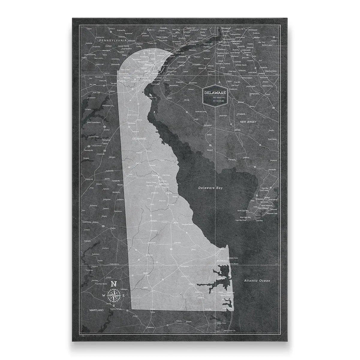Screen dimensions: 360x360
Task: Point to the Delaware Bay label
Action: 210,188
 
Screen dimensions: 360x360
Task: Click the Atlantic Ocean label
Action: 257,281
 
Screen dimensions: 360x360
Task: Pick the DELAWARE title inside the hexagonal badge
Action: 215,93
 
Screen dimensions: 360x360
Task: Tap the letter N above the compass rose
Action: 114,284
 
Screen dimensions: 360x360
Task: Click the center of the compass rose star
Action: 114,295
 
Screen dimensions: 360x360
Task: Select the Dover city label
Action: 155,175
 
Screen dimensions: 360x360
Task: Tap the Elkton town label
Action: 112,91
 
